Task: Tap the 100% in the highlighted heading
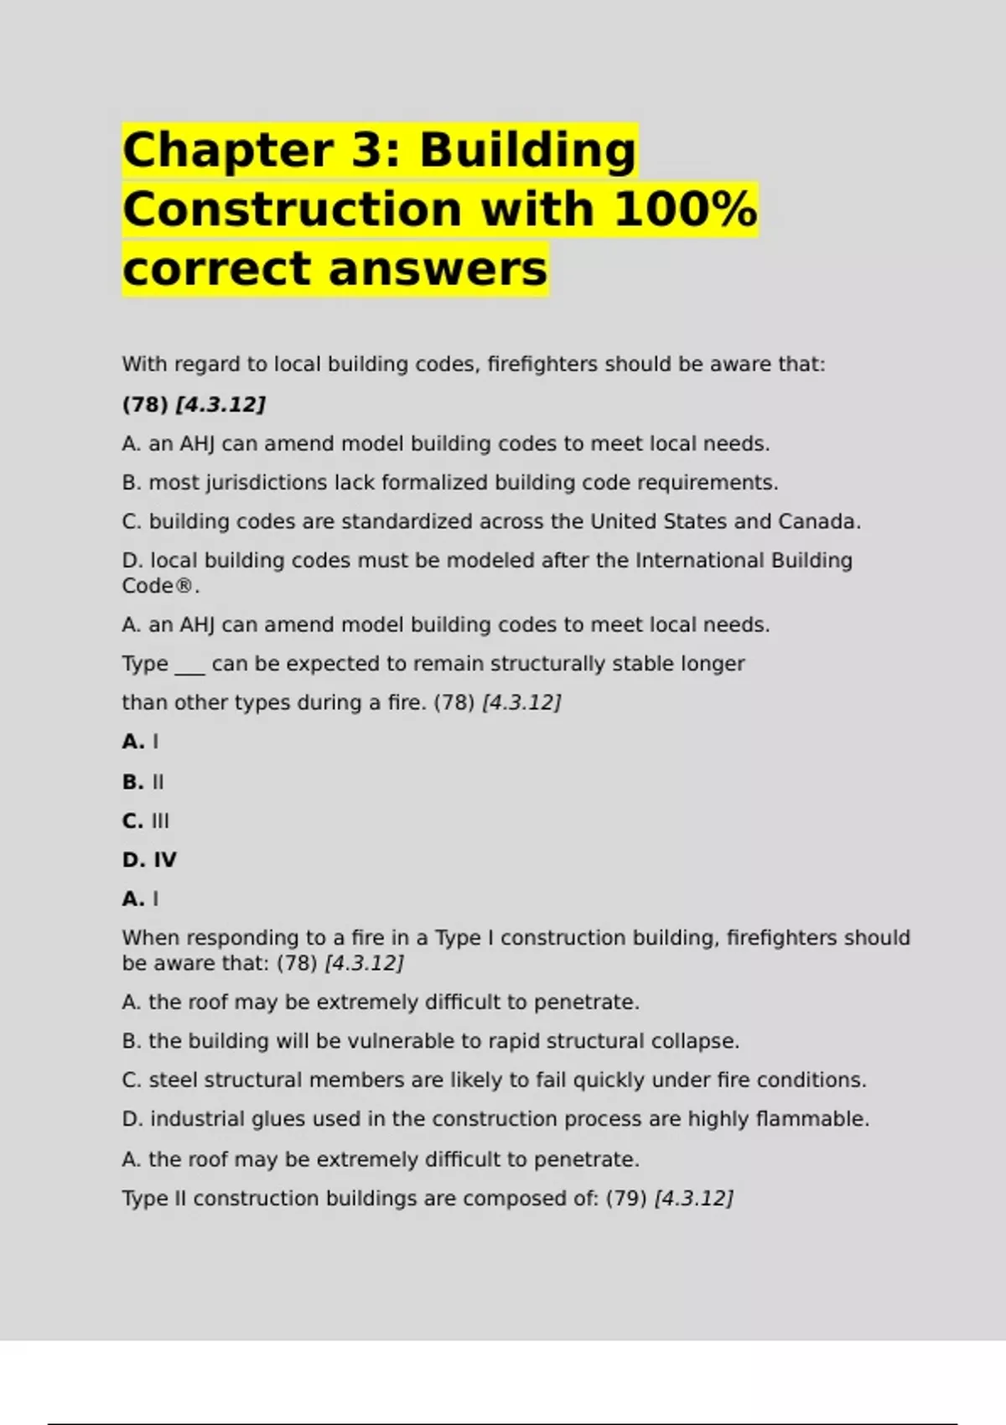[685, 210]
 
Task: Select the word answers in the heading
[437, 269]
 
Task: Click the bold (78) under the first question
[145, 405]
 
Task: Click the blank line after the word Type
[189, 666]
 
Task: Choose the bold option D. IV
[149, 860]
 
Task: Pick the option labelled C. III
[146, 821]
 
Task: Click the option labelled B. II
[143, 782]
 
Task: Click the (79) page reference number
[625, 1199]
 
